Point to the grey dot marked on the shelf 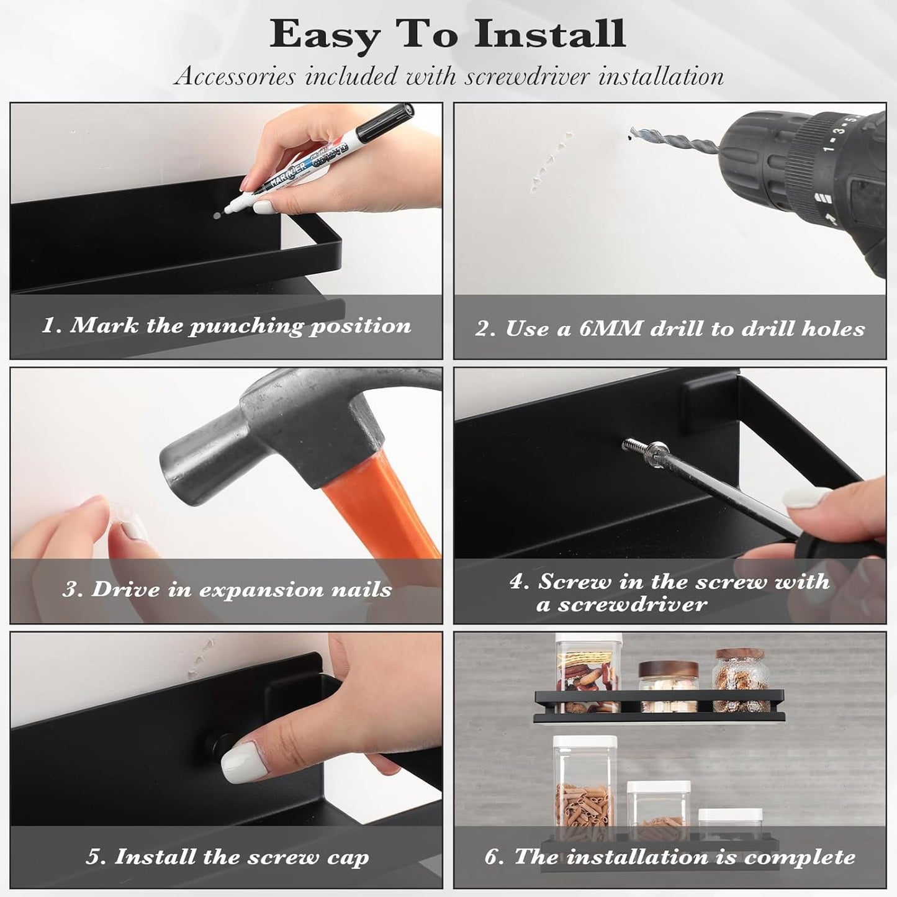coord(217,216)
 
